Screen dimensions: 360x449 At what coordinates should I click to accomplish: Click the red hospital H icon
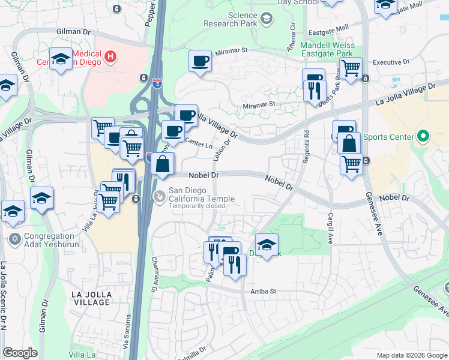110,58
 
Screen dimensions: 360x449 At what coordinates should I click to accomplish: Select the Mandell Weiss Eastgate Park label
328,49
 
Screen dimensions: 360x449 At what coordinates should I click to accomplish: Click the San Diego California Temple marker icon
160,196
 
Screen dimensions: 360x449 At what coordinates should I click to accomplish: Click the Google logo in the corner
20,353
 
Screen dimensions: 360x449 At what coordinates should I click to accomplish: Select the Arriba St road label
263,292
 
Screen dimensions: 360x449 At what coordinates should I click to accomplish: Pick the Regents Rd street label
306,142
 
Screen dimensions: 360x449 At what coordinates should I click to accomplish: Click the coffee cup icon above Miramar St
200,61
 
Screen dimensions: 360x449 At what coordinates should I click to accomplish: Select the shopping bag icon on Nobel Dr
163,163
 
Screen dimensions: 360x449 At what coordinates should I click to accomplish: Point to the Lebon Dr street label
218,147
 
